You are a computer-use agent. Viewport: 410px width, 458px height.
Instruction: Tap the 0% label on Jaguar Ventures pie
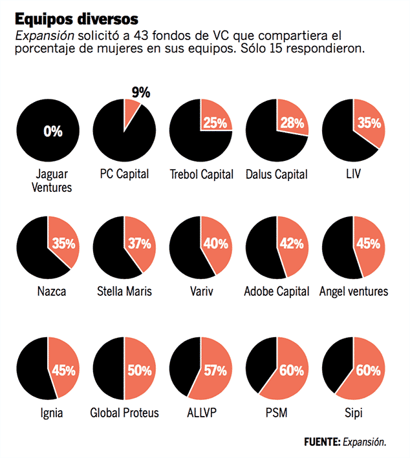coord(53,132)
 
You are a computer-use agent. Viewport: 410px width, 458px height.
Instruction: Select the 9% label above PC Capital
coord(140,92)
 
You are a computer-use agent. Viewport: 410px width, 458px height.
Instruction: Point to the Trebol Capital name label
coord(200,174)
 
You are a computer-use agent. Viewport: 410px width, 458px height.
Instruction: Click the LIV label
coord(354,174)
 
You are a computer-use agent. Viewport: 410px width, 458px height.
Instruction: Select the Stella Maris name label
coord(124,291)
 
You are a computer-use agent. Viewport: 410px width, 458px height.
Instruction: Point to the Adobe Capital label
coord(277,291)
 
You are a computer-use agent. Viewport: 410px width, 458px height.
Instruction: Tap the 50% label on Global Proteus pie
coord(139,370)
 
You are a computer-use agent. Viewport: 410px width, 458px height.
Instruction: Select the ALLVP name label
coord(200,413)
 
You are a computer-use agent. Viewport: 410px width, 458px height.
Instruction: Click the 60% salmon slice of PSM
coord(285,378)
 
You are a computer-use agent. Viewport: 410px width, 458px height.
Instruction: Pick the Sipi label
coord(354,413)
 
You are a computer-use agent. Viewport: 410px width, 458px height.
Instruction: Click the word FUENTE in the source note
coord(321,442)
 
